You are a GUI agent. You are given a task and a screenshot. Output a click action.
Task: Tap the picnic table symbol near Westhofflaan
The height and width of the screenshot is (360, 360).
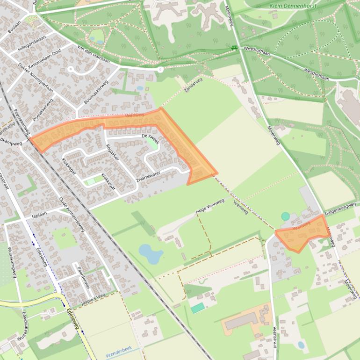[x=234, y=48]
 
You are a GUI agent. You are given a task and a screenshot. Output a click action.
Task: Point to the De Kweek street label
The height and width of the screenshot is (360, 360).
[x=151, y=138]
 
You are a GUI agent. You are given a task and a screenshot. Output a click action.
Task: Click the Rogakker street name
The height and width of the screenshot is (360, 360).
[x=112, y=152]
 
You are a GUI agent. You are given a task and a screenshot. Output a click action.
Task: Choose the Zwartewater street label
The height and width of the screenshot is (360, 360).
[x=148, y=176]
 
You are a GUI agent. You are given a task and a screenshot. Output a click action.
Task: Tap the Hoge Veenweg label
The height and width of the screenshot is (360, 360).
[x=210, y=207]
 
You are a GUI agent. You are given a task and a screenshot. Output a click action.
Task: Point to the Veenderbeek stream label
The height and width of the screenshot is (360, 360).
[x=119, y=351]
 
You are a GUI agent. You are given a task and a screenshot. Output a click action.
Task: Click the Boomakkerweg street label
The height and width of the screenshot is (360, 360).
[x=96, y=92]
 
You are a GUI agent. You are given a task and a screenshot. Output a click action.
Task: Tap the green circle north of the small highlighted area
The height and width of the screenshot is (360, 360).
[x=285, y=216]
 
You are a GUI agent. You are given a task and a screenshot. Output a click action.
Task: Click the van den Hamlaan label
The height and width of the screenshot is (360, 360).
[x=93, y=55]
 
